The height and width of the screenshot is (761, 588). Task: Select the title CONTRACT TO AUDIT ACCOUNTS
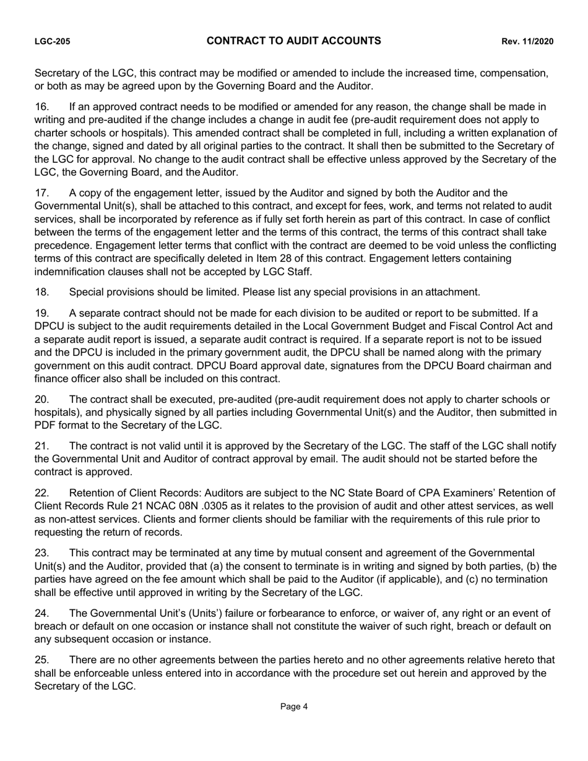293,41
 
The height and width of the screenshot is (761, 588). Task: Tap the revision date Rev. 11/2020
527,41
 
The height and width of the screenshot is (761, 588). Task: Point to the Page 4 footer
294,707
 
